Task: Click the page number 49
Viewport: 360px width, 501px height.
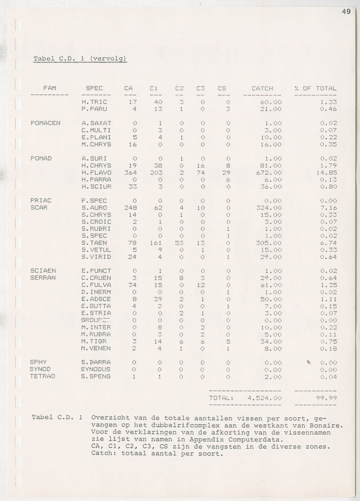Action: (x=346, y=12)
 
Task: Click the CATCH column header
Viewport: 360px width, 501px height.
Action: (x=262, y=89)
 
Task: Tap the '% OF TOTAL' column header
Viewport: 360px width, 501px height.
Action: (x=316, y=89)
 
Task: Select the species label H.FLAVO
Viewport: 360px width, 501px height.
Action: (x=96, y=173)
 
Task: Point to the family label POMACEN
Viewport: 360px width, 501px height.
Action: (x=46, y=123)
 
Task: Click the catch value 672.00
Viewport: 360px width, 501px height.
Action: (x=269, y=173)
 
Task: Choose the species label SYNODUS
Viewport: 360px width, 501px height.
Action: (x=96, y=369)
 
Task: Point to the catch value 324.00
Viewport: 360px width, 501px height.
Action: (x=269, y=208)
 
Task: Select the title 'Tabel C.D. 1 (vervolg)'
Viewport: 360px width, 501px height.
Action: (x=80, y=58)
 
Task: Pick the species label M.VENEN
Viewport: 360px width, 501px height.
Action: (x=96, y=348)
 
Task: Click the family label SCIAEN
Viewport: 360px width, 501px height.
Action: (x=44, y=271)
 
